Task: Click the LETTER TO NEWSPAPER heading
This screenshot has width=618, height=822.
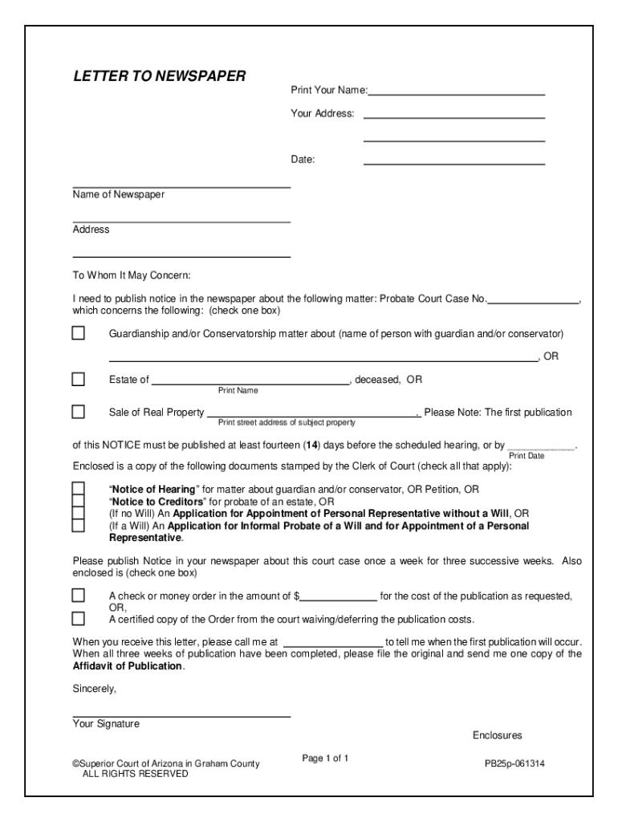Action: pos(159,76)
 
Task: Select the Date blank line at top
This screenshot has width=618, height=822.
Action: pos(454,161)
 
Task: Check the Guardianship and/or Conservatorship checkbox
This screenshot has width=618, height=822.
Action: pos(79,333)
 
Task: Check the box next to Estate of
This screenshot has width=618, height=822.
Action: pos(79,379)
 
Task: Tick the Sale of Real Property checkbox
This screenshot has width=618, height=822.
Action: pos(79,412)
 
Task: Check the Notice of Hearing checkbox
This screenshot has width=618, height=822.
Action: pos(79,488)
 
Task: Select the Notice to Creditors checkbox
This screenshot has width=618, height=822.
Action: pos(79,500)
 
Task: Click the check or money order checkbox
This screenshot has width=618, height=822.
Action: pos(79,596)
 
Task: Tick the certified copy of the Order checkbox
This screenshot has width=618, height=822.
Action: pos(79,619)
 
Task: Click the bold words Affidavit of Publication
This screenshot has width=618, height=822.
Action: pos(128,666)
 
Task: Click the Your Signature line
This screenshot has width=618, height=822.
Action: pos(181,714)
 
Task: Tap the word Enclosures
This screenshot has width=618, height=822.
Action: pos(497,735)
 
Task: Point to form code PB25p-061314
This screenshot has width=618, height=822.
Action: pos(514,763)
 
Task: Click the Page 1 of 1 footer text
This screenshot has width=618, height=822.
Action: pos(325,759)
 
